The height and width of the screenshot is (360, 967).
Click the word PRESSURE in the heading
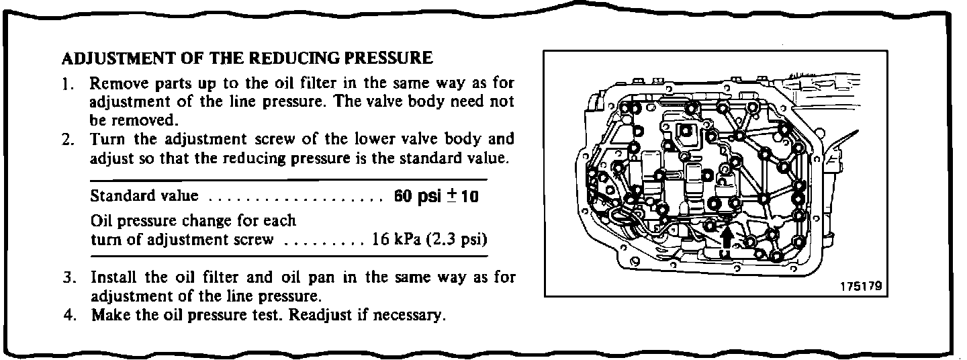pyautogui.click(x=387, y=58)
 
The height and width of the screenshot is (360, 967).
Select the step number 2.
pyautogui.click(x=67, y=140)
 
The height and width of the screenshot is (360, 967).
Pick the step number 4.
pyautogui.click(x=67, y=314)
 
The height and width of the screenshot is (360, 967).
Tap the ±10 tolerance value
pyautogui.click(x=463, y=197)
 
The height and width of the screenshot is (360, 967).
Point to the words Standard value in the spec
pyautogui.click(x=144, y=197)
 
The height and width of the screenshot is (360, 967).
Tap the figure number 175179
pyautogui.click(x=859, y=285)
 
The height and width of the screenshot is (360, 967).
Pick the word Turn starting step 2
pyautogui.click(x=105, y=140)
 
